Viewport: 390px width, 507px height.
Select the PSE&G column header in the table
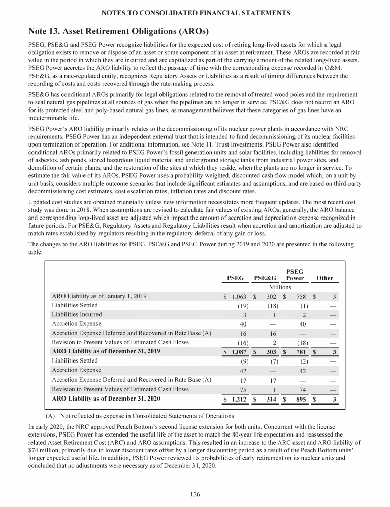click(x=265, y=278)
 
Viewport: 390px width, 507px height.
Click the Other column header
click(x=324, y=278)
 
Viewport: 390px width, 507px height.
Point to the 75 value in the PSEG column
click(x=242, y=389)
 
